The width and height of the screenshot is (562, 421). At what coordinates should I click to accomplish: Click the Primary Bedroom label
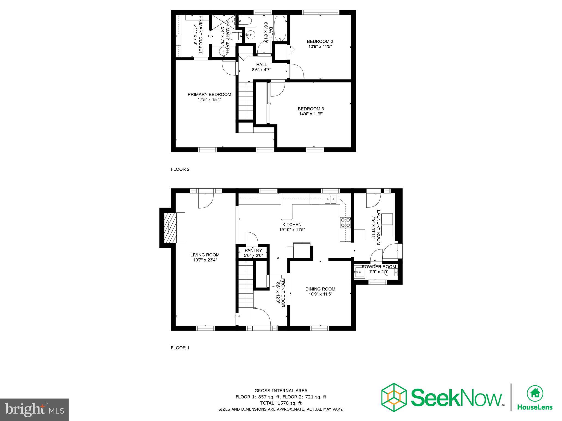pos(209,95)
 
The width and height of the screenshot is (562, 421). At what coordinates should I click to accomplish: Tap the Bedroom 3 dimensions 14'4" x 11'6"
pos(311,114)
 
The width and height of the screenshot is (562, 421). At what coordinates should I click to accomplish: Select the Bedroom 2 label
pos(320,41)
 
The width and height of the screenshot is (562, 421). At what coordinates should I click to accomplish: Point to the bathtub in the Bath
pos(280,28)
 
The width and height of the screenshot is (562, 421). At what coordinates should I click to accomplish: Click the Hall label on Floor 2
pos(261,65)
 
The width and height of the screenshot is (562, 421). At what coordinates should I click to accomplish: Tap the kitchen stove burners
pos(345,223)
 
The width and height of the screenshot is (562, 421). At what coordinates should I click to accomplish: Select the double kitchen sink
pos(330,199)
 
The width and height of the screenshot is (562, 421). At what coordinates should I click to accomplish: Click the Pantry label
pos(253,250)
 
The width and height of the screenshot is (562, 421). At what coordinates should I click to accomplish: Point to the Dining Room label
pos(320,289)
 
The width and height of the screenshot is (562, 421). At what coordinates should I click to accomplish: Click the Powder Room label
pos(379,267)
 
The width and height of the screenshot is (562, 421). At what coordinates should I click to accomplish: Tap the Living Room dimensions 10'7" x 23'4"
pos(205,260)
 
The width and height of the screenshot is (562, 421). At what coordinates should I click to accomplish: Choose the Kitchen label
pos(292,224)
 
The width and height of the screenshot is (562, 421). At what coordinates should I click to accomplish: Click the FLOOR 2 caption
pos(180,169)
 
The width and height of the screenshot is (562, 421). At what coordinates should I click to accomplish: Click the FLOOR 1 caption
pos(180,348)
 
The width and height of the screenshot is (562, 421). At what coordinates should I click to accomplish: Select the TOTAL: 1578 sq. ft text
pos(281,403)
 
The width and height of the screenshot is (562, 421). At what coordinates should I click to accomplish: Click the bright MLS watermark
pos(34,410)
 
